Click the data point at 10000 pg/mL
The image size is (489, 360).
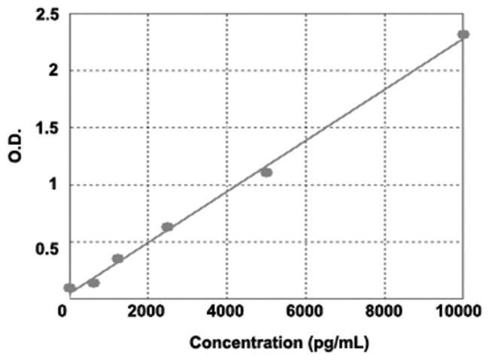(463, 35)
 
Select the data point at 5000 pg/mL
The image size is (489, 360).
(266, 172)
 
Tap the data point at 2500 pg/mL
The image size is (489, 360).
(167, 226)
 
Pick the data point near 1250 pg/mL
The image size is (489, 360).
(117, 259)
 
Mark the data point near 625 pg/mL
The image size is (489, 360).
(93, 283)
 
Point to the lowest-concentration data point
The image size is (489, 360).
(69, 288)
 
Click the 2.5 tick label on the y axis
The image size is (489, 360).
(47, 14)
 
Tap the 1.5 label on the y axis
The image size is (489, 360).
(47, 128)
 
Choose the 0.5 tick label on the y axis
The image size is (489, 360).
(47, 242)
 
